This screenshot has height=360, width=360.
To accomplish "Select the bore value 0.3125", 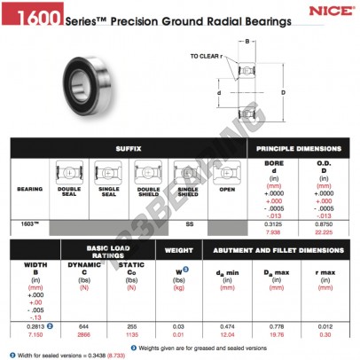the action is coord(277,223).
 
